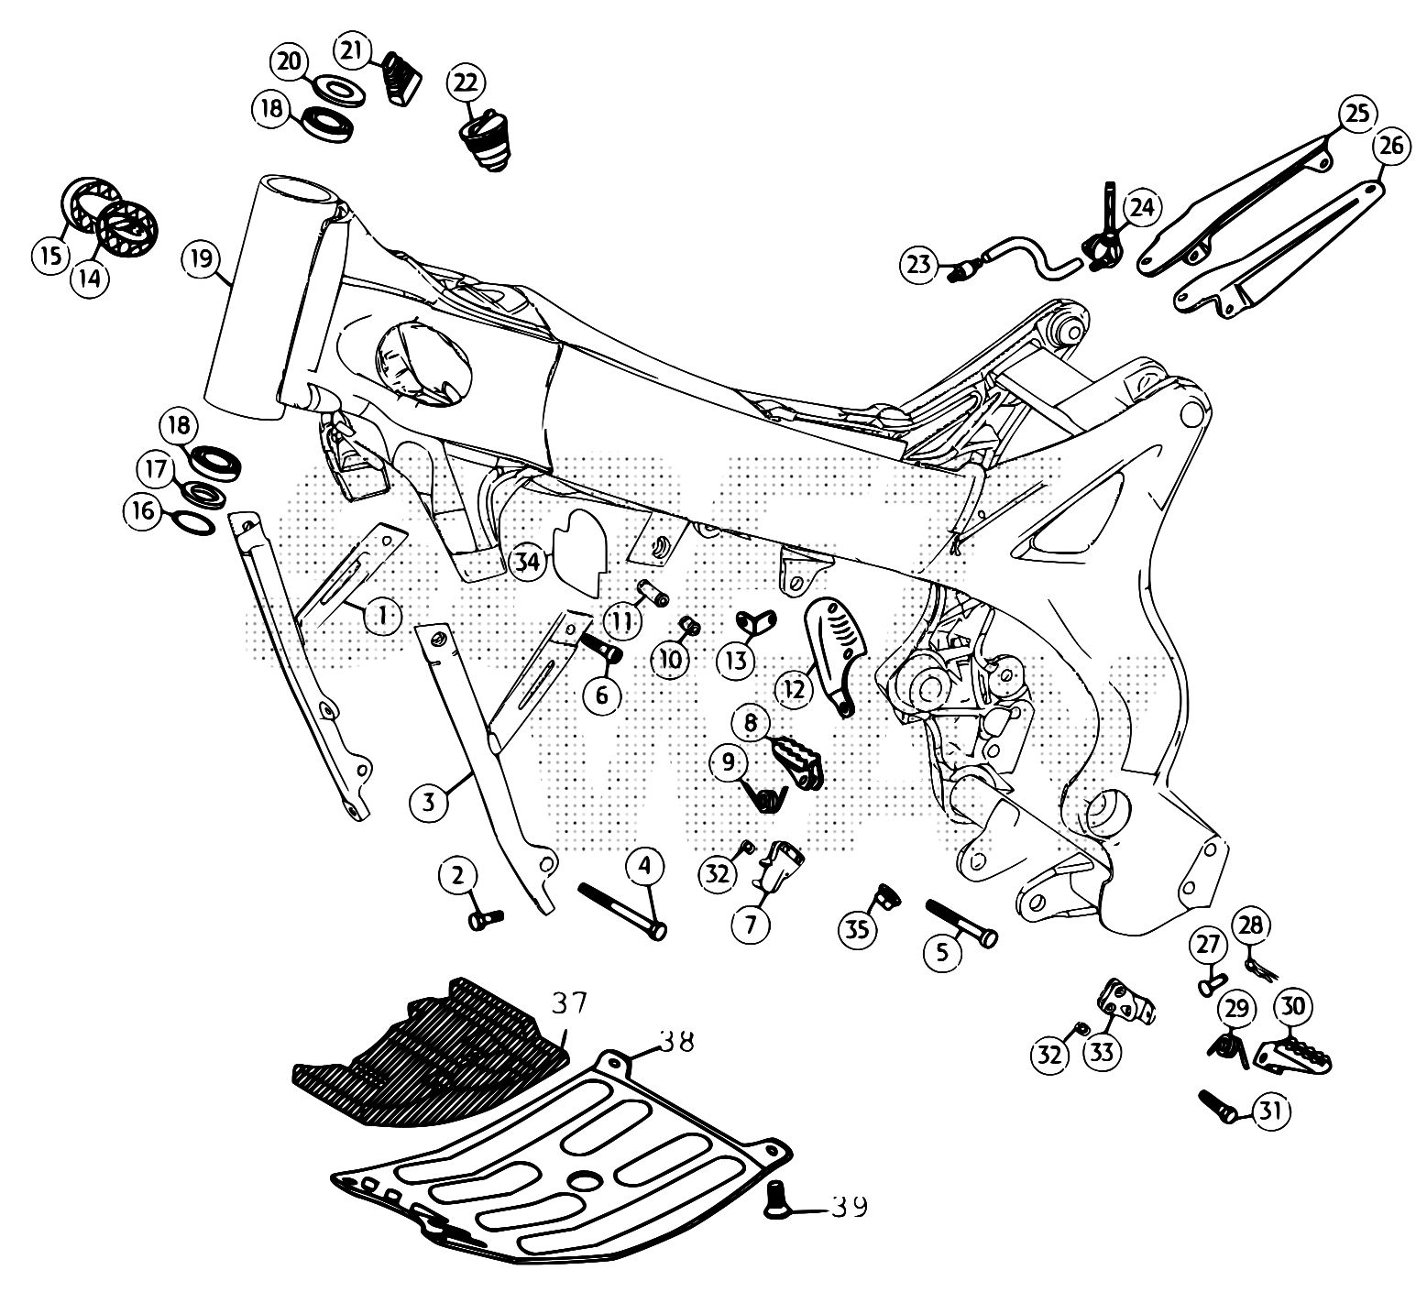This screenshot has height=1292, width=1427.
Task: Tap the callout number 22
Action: click(x=465, y=83)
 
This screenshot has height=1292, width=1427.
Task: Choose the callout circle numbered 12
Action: click(x=795, y=688)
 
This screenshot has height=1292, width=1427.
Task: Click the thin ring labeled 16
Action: click(x=193, y=521)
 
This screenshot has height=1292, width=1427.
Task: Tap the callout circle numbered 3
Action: click(x=428, y=803)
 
